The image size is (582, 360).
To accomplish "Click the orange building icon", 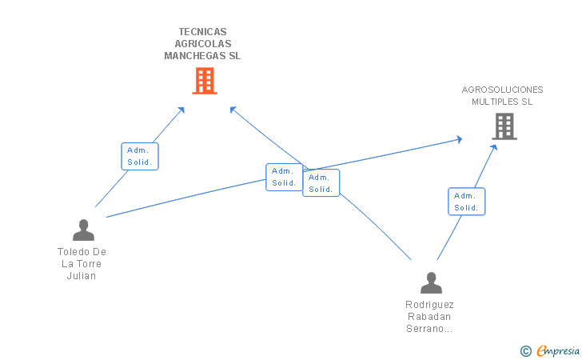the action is point(205,80).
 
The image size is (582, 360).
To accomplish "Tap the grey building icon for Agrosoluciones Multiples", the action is point(504,126).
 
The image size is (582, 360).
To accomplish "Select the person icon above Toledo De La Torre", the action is point(83,230).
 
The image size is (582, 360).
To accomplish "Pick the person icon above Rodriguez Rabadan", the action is point(431,282).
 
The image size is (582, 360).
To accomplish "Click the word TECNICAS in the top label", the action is point(201,32).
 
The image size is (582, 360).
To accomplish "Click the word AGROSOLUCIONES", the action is point(502,90).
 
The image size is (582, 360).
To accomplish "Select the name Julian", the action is point(82,276).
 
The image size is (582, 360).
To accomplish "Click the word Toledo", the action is point(74,252).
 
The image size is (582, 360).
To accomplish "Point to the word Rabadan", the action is point(429,316).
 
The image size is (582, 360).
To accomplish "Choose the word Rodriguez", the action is point(429,304).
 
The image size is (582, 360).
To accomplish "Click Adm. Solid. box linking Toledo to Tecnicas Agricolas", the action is point(140,156).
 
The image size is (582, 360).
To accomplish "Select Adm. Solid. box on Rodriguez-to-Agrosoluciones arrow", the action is point(466,202).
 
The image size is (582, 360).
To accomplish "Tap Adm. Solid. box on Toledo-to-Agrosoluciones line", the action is point(284,177).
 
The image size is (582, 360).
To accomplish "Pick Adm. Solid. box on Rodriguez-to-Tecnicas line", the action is point(321,183).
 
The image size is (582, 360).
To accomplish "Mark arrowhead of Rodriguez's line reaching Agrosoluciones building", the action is point(495,146).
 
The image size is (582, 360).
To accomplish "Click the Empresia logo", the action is point(558,350).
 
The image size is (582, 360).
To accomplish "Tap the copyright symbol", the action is point(525,350).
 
